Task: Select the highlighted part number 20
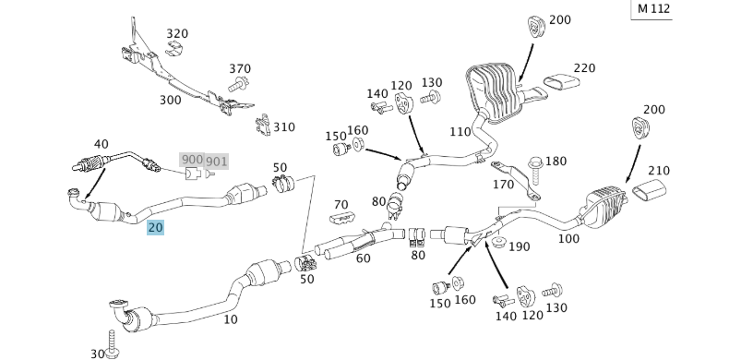click(x=155, y=227)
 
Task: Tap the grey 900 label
click(x=192, y=160)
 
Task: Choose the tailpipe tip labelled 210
click(x=649, y=193)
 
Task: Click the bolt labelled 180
click(x=536, y=164)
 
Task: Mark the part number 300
click(x=170, y=100)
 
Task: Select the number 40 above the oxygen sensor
click(x=101, y=143)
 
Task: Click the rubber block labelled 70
click(x=342, y=218)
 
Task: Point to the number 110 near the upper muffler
click(x=460, y=131)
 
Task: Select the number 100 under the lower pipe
click(x=568, y=238)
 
